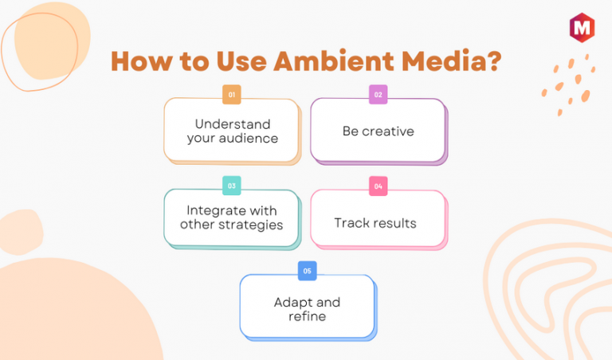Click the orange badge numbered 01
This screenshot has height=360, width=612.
tap(231, 95)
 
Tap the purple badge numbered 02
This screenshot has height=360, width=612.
tap(379, 95)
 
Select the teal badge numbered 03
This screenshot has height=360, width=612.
tap(231, 186)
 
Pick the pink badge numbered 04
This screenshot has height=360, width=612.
tap(379, 186)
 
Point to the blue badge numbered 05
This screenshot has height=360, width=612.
tap(307, 271)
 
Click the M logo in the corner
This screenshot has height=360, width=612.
tap(582, 27)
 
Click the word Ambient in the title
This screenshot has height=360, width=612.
tap(334, 61)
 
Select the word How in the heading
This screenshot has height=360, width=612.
tap(142, 61)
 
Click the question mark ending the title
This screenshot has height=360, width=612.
tap(495, 61)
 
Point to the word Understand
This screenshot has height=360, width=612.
tap(233, 124)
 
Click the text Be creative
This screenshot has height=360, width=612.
tap(379, 131)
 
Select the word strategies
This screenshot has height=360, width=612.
tap(250, 225)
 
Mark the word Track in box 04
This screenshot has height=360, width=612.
tap(351, 223)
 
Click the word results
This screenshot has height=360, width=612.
tap(394, 223)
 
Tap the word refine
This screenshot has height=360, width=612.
tap(307, 316)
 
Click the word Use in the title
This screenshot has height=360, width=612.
tap(241, 61)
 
